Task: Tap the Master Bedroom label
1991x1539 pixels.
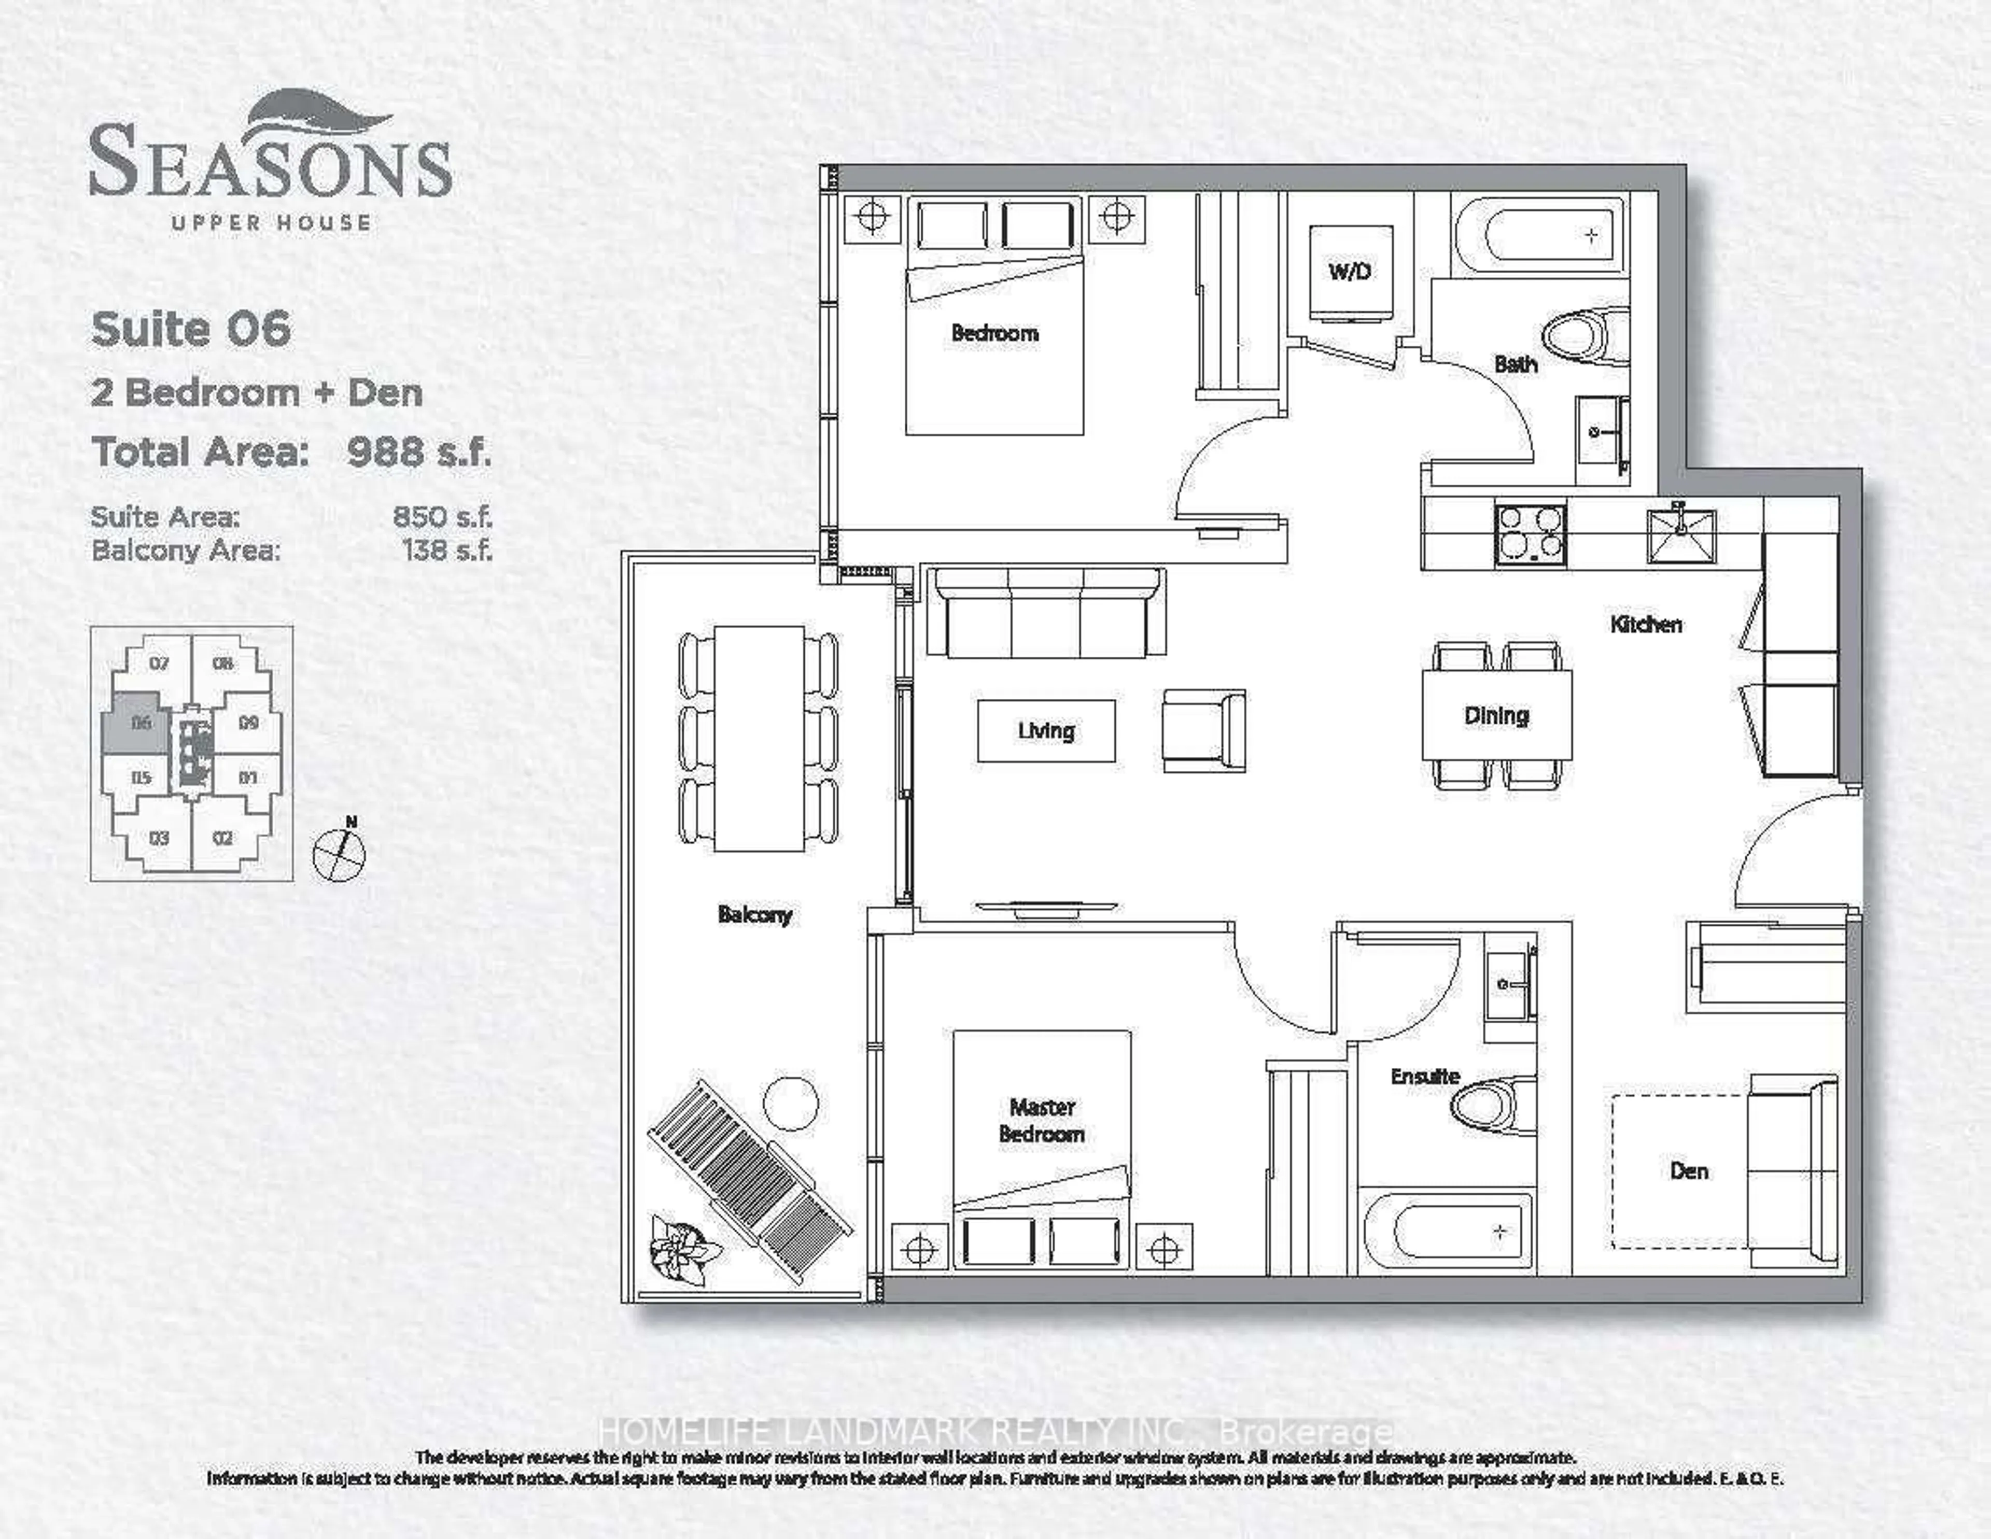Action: point(1042,1121)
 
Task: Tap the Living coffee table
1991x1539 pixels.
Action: point(1046,731)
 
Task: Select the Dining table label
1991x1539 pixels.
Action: point(1496,716)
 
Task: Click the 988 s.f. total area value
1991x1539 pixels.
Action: point(418,452)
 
